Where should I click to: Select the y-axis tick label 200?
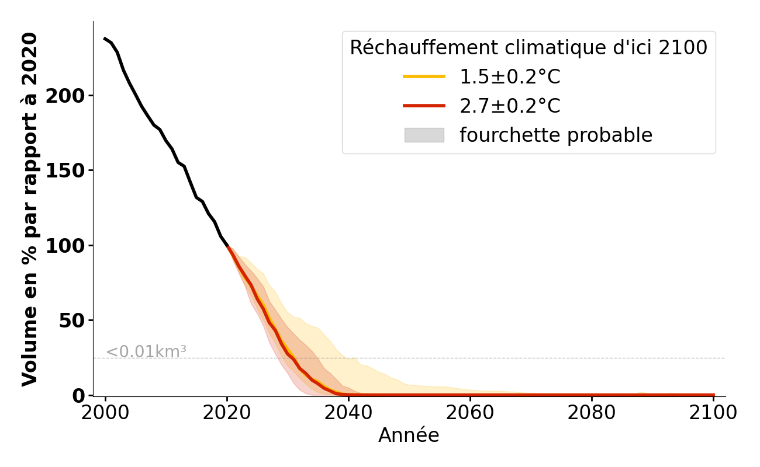pyautogui.click(x=65, y=96)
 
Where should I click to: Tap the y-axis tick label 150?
pyautogui.click(x=65, y=170)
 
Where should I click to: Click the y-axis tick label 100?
pyautogui.click(x=65, y=245)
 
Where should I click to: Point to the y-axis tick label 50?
pyautogui.click(x=72, y=320)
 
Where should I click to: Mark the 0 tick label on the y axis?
pyautogui.click(x=79, y=395)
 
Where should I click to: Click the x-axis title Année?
pyautogui.click(x=409, y=435)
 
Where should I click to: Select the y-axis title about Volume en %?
pyautogui.click(x=30, y=209)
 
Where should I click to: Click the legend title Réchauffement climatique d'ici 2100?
pyautogui.click(x=528, y=48)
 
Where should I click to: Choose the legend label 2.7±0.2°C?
pyautogui.click(x=510, y=106)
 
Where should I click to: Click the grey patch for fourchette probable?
pyautogui.click(x=424, y=135)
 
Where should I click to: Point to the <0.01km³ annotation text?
pyautogui.click(x=146, y=352)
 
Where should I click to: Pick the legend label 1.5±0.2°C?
pyautogui.click(x=510, y=77)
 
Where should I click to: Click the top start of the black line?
pyautogui.click(x=105, y=39)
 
